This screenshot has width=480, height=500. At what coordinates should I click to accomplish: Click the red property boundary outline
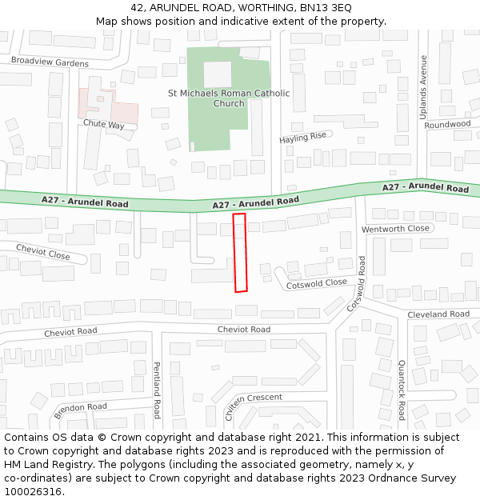pyautogui.click(x=240, y=252)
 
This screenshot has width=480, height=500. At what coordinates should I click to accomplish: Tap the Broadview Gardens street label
pyautogui.click(x=50, y=62)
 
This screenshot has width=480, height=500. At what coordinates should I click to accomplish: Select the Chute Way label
pyautogui.click(x=103, y=125)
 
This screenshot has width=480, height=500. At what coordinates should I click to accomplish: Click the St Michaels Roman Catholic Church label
pyautogui.click(x=229, y=98)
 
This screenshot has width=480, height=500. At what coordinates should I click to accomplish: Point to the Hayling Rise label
pyautogui.click(x=303, y=138)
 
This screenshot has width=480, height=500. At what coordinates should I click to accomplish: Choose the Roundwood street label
pyautogui.click(x=448, y=125)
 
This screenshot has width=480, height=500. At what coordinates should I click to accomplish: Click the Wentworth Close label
pyautogui.click(x=395, y=229)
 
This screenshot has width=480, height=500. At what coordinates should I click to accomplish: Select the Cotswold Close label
pyautogui.click(x=317, y=283)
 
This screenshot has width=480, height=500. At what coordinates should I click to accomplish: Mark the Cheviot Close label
pyautogui.click(x=42, y=252)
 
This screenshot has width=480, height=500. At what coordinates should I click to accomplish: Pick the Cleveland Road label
pyautogui.click(x=438, y=314)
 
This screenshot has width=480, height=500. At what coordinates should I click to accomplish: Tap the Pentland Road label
pyautogui.click(x=157, y=390)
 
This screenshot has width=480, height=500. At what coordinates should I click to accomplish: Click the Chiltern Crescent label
pyautogui.click(x=253, y=398)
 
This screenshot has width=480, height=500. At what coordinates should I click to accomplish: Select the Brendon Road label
pyautogui.click(x=80, y=411)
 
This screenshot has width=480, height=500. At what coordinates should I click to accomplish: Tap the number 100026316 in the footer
pyautogui.click(x=33, y=491)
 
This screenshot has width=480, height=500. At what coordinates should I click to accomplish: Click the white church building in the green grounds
pyautogui.click(x=217, y=74)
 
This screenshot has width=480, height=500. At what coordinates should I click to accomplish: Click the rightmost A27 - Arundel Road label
pyautogui.click(x=426, y=188)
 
